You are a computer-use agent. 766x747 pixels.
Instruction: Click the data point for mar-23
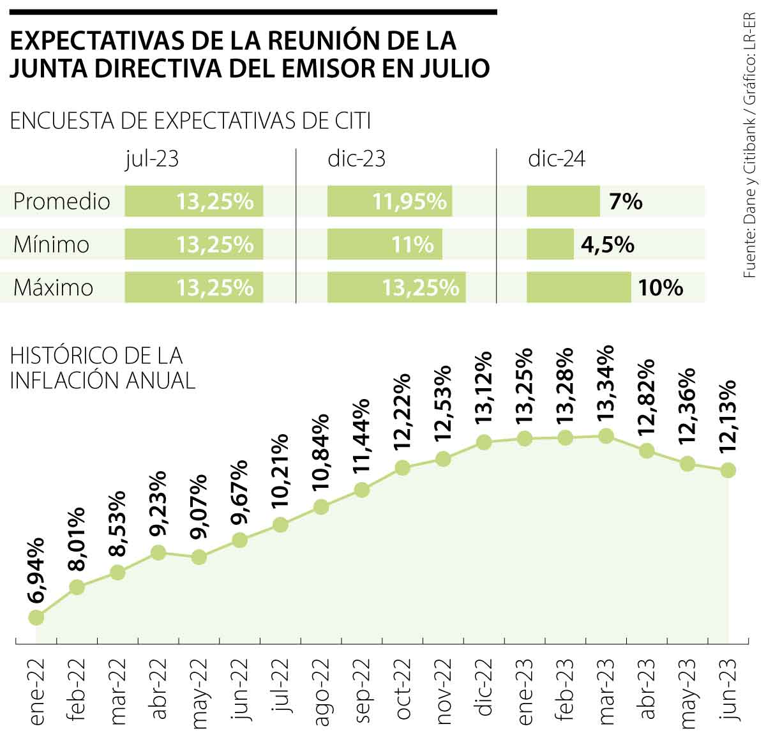(606, 437)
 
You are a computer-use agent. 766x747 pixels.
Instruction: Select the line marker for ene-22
(36, 617)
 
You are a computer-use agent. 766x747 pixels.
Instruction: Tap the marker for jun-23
(728, 471)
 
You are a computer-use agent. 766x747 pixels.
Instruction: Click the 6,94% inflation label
(36, 570)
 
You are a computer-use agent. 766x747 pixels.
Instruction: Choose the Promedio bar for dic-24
(562, 202)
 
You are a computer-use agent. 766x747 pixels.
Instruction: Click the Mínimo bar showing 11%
(384, 245)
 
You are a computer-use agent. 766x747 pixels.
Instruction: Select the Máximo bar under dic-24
(578, 287)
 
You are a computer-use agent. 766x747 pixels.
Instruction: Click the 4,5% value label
(607, 245)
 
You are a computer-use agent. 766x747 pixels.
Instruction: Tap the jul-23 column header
(152, 158)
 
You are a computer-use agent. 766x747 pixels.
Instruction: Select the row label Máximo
(53, 288)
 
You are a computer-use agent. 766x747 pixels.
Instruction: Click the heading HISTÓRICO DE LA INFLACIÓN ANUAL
(102, 367)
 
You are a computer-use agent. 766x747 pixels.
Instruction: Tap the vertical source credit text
(751, 144)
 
